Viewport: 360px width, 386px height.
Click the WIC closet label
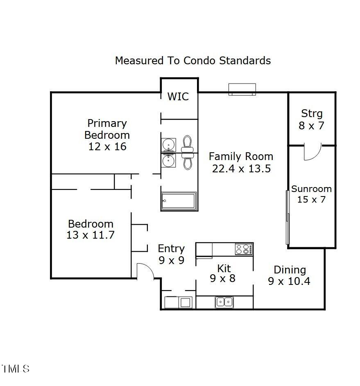[x=178, y=96]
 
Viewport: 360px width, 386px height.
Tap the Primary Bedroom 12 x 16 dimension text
[x=107, y=147]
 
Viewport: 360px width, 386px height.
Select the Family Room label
[x=241, y=156]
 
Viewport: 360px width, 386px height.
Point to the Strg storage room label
[x=312, y=113]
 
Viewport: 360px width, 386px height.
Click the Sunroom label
[x=312, y=189]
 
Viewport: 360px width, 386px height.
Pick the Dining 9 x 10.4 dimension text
[x=289, y=281]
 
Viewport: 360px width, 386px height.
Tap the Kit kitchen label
[x=224, y=268]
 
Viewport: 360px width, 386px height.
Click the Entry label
[x=171, y=248]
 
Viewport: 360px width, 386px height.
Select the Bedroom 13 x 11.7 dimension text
[x=91, y=235]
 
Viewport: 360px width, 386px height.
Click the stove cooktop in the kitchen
[x=244, y=249]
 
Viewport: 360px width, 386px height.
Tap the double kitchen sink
[x=224, y=302]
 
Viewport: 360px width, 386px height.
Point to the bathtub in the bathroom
[x=179, y=201]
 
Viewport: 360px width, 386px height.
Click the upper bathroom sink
[x=169, y=145]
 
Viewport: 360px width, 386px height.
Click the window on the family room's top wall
[x=242, y=89]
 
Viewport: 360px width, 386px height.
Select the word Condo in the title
[x=200, y=61]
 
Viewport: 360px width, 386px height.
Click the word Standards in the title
[x=245, y=61]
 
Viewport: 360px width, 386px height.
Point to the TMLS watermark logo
[x=16, y=368]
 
